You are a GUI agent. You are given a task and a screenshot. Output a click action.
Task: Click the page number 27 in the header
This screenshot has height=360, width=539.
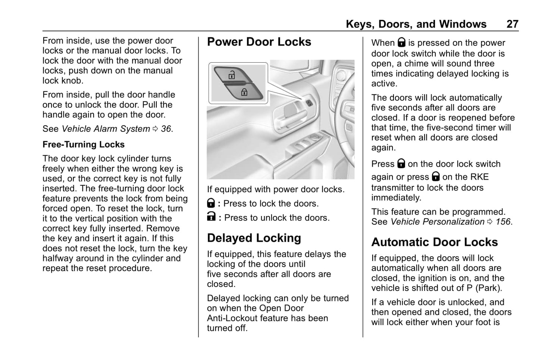512,24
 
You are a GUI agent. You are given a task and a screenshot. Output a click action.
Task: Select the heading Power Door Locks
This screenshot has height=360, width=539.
259,42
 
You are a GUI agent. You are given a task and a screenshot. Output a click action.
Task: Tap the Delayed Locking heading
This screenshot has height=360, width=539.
254,238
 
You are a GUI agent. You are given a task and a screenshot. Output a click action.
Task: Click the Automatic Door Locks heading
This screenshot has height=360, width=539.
434,242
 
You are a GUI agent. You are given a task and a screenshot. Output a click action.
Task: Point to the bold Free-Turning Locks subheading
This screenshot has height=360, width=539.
84,144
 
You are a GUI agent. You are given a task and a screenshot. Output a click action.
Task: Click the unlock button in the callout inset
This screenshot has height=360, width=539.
232,75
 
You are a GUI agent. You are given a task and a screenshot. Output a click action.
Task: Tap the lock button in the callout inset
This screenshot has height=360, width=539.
244,91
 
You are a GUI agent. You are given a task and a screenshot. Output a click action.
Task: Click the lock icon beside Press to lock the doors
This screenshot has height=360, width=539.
211,204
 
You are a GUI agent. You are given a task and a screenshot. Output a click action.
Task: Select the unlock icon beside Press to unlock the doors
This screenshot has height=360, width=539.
211,217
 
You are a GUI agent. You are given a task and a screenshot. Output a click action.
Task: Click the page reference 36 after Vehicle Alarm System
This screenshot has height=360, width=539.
166,129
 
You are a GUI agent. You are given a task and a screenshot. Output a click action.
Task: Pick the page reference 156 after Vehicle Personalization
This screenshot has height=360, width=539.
503,222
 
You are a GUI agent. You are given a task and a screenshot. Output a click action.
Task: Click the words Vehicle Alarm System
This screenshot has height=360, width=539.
106,129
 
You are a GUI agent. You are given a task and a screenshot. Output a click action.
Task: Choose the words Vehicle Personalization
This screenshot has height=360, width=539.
437,222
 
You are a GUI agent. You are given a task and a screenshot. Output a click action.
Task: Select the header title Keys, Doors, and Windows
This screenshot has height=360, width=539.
416,24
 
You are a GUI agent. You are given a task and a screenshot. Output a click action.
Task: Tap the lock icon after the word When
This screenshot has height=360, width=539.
401,42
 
